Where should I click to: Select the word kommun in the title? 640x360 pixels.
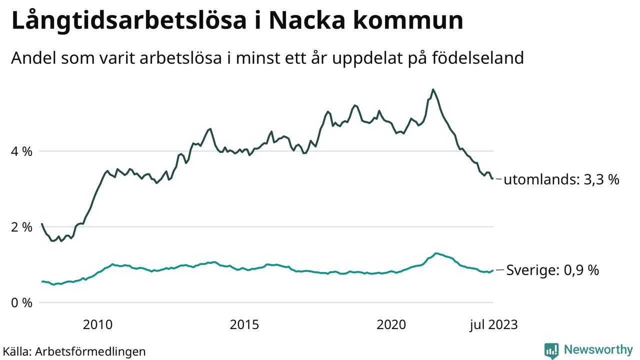412,20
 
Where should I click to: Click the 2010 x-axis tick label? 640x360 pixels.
97,325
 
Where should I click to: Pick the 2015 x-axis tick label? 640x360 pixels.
244,325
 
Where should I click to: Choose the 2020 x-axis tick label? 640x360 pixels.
391,325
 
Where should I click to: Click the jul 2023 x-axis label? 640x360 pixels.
493,325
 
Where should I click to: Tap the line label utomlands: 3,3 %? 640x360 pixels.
561,179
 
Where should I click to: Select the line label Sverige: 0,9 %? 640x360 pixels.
552,270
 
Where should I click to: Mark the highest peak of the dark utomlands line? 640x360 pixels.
433,89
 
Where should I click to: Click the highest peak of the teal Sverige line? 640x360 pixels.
436,253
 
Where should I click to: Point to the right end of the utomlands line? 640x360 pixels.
493,178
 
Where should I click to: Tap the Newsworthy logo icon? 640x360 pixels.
551,350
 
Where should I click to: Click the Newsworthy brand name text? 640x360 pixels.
598,349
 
